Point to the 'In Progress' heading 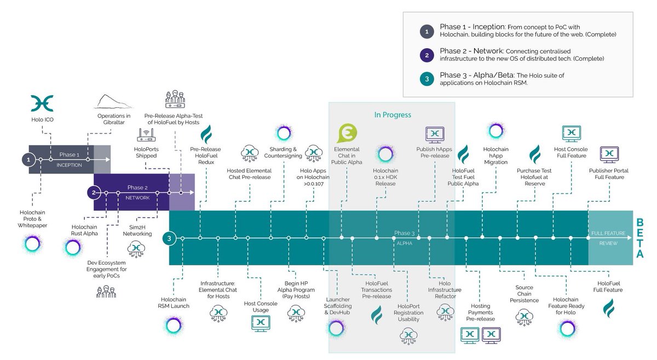pyautogui.click(x=392, y=115)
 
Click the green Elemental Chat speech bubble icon pyautogui.click(x=348, y=133)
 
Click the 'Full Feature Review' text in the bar pyautogui.click(x=608, y=238)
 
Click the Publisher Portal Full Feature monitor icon pyautogui.click(x=609, y=154)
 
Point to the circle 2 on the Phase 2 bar pyautogui.click(x=94, y=193)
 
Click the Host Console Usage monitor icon pyautogui.click(x=260, y=323)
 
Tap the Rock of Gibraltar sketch pyautogui.click(x=114, y=102)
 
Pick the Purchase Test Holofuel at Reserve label pyautogui.click(x=533, y=177)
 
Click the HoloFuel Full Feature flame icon pyautogui.click(x=608, y=308)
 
